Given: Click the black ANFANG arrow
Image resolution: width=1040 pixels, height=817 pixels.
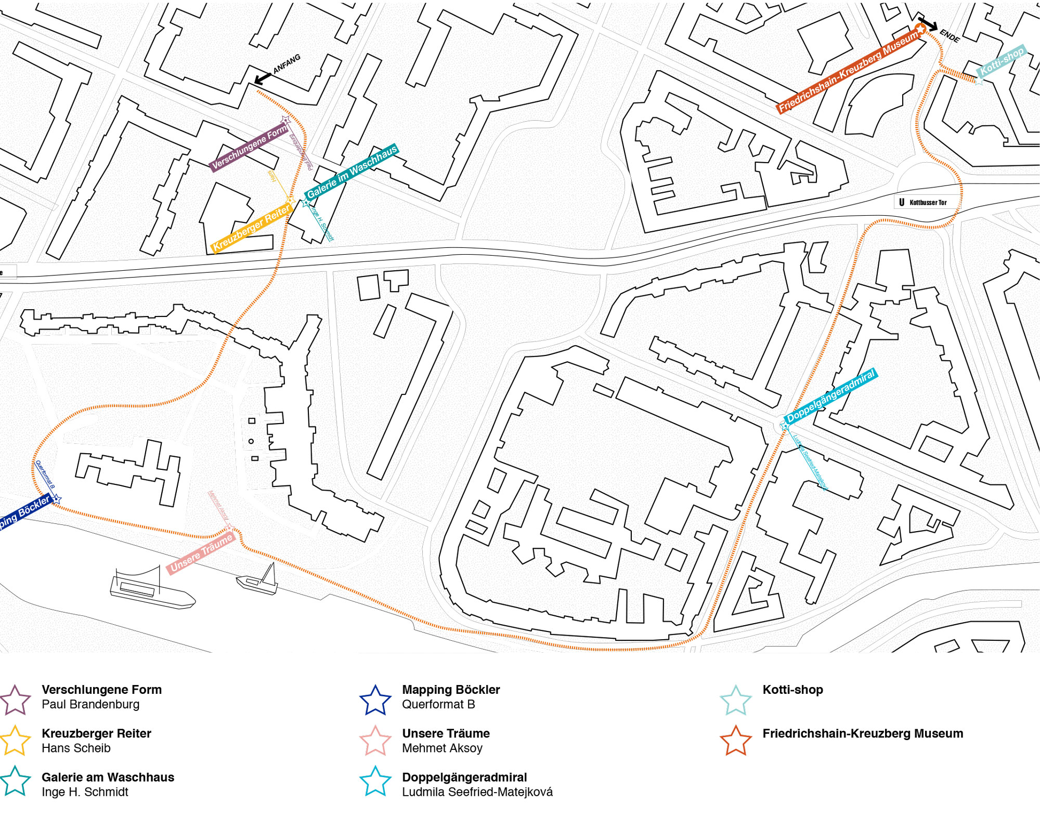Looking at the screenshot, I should [x=263, y=78].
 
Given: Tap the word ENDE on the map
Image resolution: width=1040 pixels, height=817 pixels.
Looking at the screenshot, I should [x=950, y=35].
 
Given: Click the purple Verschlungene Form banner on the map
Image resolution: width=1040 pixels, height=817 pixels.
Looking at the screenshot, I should [x=250, y=147].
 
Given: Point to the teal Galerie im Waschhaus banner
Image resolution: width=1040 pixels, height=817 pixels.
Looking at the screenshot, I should [x=352, y=171].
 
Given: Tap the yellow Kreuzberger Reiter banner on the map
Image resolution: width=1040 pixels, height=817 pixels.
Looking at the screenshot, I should [x=251, y=228].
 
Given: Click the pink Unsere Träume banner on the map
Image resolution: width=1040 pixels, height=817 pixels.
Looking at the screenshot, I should [x=201, y=554].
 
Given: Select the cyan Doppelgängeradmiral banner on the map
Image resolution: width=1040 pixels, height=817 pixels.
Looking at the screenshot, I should [x=830, y=396].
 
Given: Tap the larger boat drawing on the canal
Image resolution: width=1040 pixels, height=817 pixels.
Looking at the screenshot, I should [x=152, y=590].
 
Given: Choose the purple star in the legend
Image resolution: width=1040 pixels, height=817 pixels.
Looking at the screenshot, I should [x=15, y=700].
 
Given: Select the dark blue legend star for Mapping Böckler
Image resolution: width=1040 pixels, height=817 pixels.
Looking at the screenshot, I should [x=375, y=700].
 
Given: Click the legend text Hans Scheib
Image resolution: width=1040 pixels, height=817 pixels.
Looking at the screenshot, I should [x=76, y=748].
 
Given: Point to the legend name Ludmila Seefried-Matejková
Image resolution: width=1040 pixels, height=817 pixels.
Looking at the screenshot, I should [x=477, y=792].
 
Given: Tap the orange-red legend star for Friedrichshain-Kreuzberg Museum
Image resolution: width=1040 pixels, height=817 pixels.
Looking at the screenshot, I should [x=735, y=740].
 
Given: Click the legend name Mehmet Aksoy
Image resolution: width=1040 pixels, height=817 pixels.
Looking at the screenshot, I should [x=442, y=748].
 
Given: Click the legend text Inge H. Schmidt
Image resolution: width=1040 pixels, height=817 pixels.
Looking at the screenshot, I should [x=85, y=792].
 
